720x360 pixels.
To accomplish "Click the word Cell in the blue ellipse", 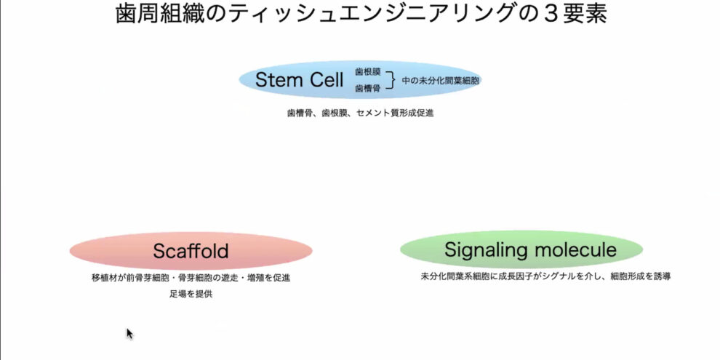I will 324,79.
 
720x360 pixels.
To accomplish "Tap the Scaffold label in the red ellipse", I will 191,252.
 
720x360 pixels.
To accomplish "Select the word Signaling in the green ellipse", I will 483,250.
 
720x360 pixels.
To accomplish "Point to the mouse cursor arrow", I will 129,333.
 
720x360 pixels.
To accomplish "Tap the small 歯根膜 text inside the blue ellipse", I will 368,72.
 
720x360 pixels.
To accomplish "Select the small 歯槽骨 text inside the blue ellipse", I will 368,88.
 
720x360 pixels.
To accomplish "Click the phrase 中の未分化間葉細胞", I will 441,80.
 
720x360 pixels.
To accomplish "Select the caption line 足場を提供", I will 191,295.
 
